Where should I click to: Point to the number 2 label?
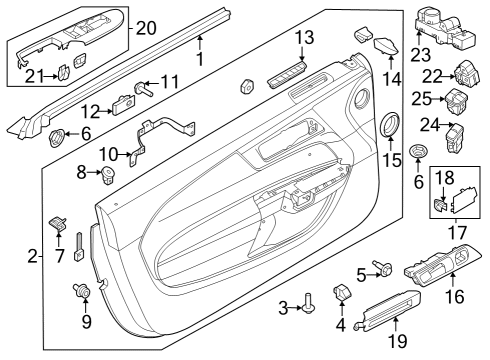click(x=33, y=259)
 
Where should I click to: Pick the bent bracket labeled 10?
click(x=160, y=132)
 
